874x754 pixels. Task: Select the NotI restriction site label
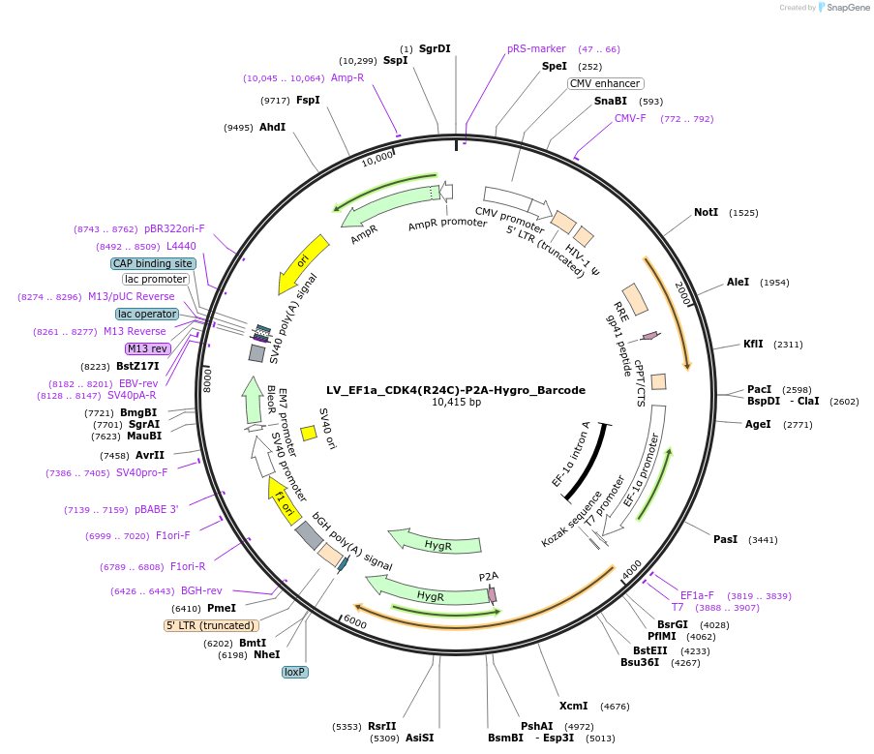click(x=706, y=212)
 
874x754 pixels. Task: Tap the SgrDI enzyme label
click(x=435, y=48)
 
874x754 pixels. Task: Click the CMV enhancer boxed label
click(x=605, y=83)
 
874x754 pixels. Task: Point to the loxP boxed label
click(x=295, y=671)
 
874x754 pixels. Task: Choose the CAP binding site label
click(x=153, y=263)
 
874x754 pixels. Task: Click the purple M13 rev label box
click(x=147, y=348)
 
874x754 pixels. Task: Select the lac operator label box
click(x=147, y=314)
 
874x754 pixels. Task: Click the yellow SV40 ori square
click(x=309, y=434)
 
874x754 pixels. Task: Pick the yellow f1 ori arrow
click(x=283, y=501)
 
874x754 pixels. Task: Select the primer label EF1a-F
click(x=697, y=595)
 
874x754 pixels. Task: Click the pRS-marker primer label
click(x=536, y=48)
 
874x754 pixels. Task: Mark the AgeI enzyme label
click(x=758, y=424)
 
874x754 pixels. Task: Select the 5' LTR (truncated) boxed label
click(x=210, y=625)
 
